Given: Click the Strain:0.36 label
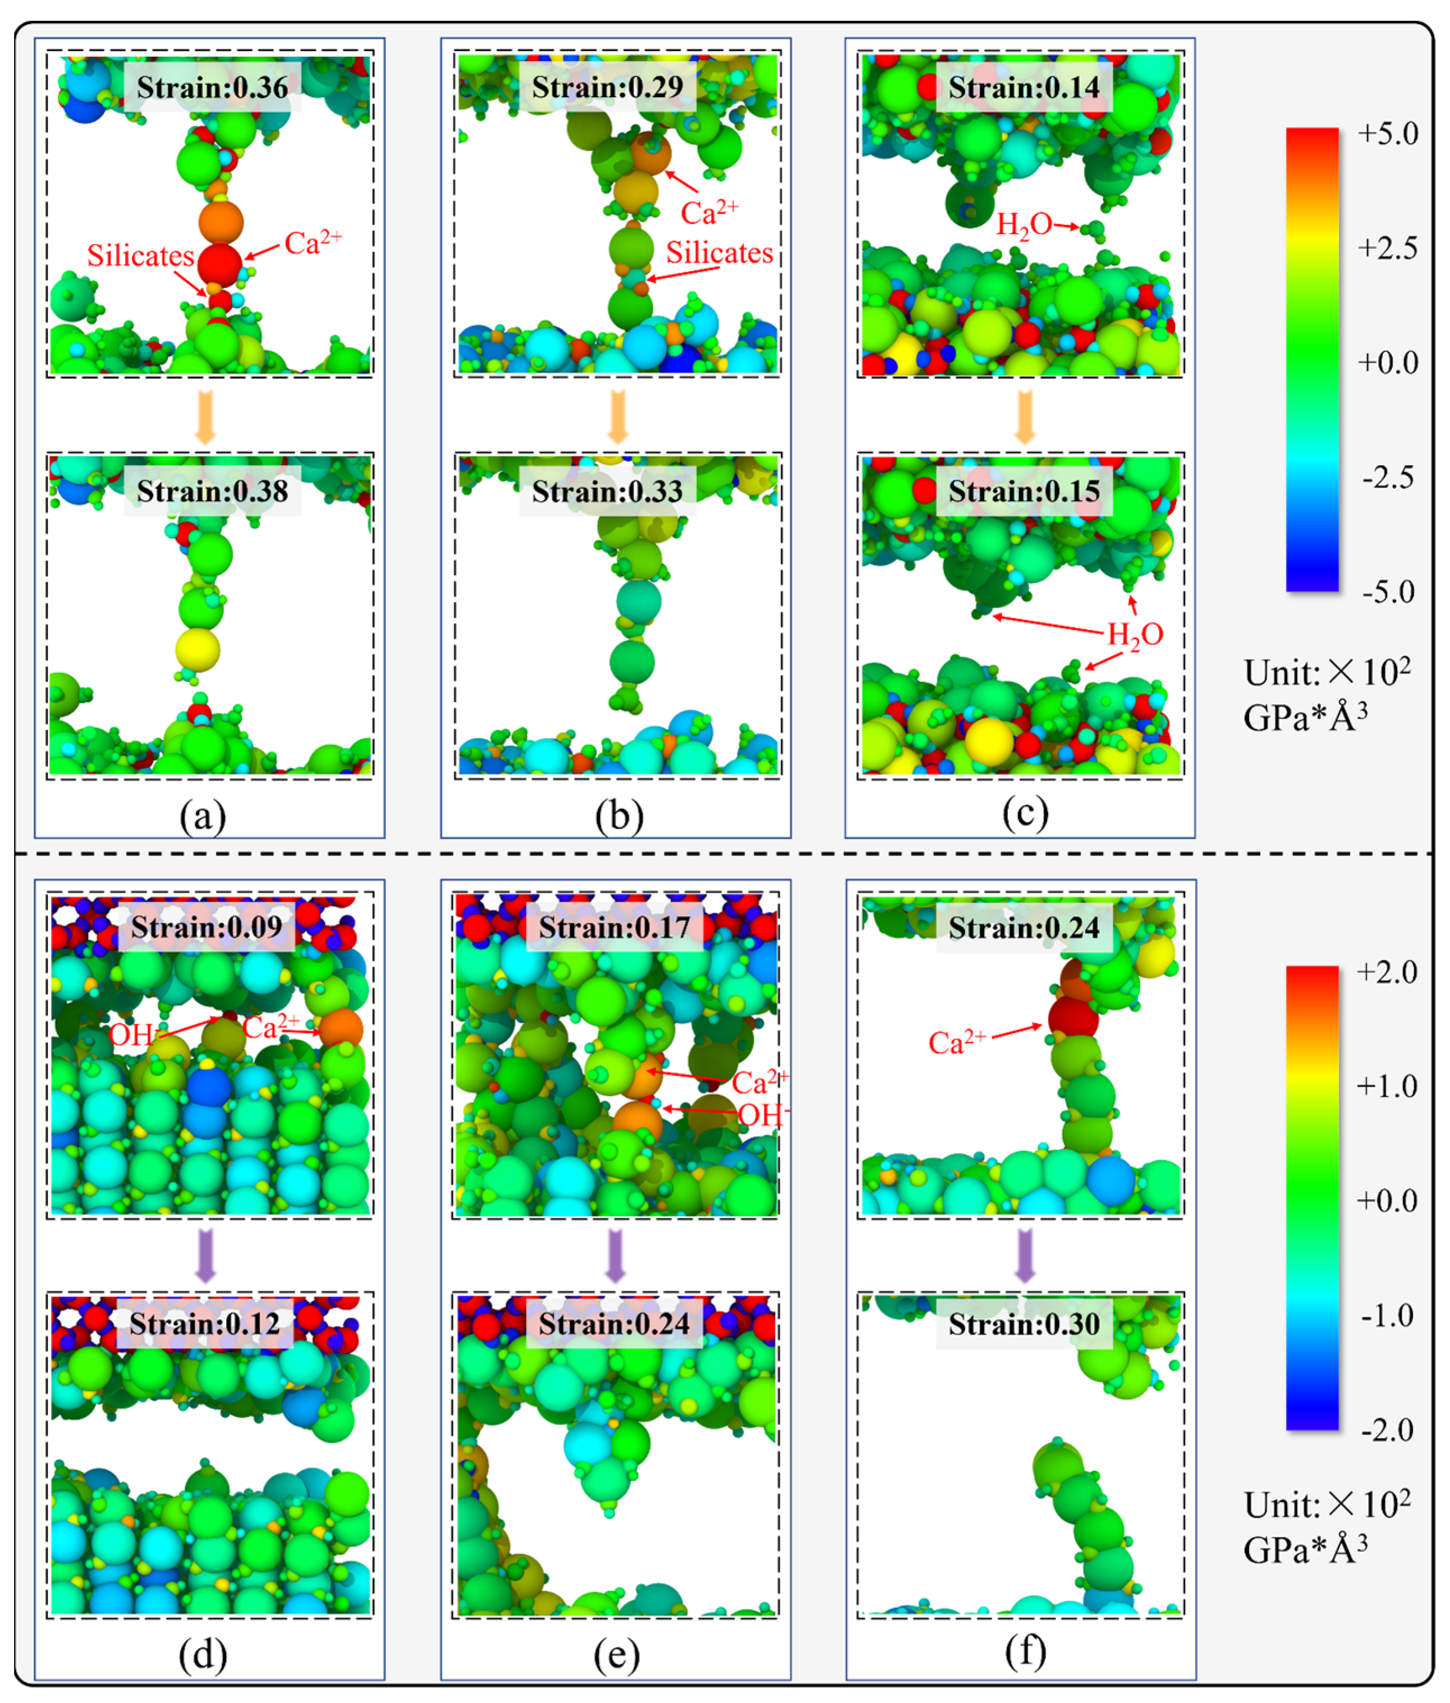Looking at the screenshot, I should tap(212, 87).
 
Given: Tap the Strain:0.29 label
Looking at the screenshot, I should tap(608, 87).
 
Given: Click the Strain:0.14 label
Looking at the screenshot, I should tap(1024, 87).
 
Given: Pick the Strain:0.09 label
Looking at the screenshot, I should tap(207, 926).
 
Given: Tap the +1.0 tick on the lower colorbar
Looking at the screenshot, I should tap(1388, 1086).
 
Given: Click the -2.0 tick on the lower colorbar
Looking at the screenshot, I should tap(1388, 1429).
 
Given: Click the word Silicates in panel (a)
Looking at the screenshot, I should tap(140, 256).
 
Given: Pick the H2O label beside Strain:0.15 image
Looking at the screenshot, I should tap(1135, 635).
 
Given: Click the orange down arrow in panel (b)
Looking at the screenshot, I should tap(617, 416).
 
